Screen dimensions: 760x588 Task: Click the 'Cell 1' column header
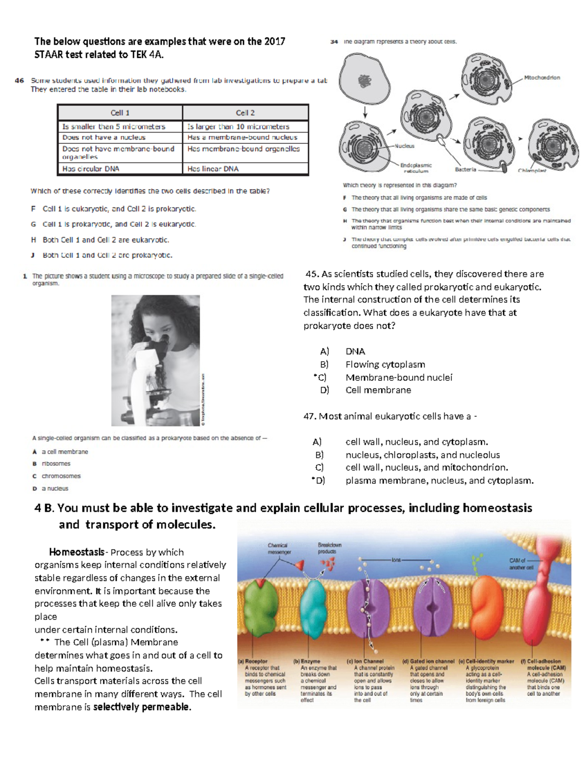point(120,113)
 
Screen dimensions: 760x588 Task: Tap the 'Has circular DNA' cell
point(91,169)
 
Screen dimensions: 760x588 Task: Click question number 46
point(20,81)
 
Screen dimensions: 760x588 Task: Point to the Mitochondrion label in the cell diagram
point(542,77)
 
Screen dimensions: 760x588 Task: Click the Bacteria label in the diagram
point(465,169)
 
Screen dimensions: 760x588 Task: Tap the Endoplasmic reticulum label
point(416,168)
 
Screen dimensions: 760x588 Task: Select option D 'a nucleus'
point(54,488)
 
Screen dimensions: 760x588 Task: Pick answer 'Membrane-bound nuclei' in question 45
point(398,377)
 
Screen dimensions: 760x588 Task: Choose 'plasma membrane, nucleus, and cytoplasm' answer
point(439,481)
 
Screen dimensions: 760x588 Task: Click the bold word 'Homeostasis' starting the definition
point(76,552)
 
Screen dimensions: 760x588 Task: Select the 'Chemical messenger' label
point(278,549)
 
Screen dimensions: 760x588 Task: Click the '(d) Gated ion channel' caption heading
point(428,661)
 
